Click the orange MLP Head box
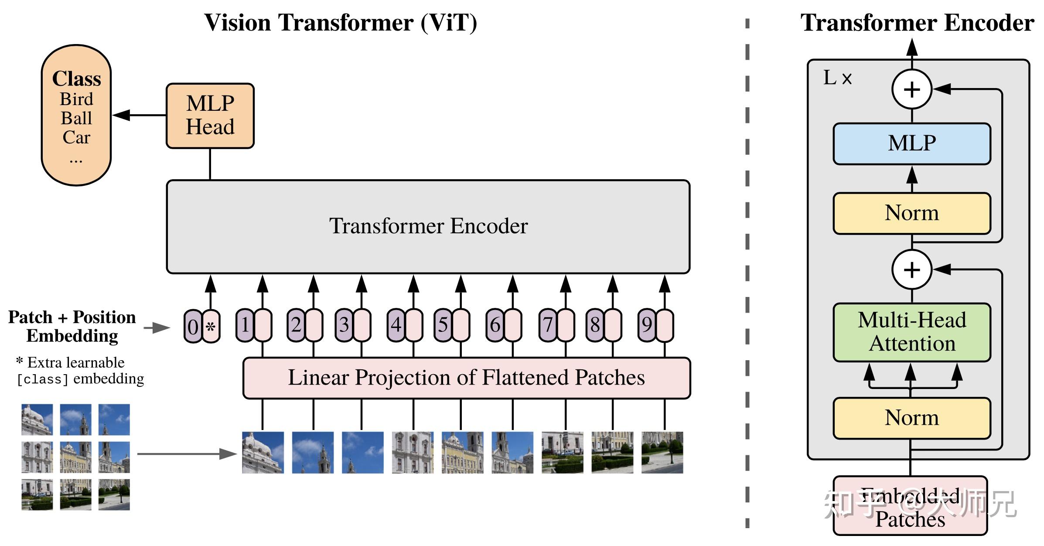pos(210,116)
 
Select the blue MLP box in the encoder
pos(911,143)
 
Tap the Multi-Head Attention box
pos(911,332)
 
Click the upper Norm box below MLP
pos(911,213)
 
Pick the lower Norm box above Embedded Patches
pos(911,418)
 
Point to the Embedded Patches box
pos(910,506)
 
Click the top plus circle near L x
pos(911,89)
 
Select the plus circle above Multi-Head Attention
pos(911,270)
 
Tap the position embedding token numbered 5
pos(443,325)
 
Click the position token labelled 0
pos(193,327)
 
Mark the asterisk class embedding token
pos(211,327)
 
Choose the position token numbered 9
pos(647,325)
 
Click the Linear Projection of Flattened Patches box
pos(466,378)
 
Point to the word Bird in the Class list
pos(76,99)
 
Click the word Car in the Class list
pos(76,137)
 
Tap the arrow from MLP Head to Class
pos(139,115)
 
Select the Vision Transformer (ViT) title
pos(341,23)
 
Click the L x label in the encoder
pos(837,78)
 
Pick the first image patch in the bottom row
pos(263,453)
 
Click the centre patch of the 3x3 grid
pos(75,457)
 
